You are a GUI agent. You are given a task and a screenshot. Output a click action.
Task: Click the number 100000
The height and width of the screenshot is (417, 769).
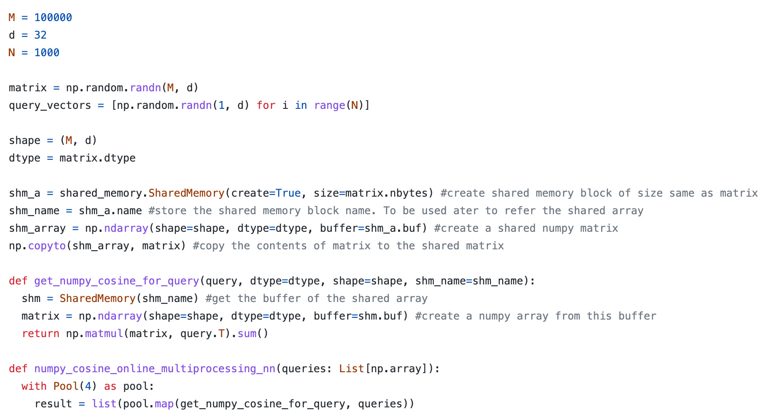53,18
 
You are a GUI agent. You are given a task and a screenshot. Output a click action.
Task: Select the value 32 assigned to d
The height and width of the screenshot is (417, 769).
40,35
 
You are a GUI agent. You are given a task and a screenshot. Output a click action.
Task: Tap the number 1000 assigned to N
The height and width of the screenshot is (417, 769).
47,53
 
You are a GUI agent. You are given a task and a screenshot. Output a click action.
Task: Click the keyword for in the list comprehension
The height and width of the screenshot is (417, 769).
266,105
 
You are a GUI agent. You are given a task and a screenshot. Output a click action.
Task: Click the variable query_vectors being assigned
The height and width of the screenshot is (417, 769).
50,105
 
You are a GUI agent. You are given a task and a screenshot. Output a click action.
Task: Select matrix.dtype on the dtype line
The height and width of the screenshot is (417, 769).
98,158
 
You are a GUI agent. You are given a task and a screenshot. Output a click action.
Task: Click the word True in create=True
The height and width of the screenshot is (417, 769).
288,193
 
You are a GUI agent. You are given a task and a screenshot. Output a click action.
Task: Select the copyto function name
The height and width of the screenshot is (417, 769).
47,246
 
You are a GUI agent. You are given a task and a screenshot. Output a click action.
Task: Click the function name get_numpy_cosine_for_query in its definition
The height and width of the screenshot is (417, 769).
116,281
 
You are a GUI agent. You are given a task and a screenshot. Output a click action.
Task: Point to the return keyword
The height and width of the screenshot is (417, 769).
40,334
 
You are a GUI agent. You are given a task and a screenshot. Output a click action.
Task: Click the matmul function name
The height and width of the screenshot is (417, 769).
104,334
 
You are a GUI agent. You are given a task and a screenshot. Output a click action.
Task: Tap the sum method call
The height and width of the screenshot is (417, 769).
247,334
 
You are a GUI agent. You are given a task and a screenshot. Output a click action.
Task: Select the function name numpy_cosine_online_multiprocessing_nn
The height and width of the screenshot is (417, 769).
155,369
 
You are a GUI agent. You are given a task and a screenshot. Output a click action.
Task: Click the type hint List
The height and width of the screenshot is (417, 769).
352,369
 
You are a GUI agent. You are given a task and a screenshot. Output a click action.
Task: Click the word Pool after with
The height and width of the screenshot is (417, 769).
66,386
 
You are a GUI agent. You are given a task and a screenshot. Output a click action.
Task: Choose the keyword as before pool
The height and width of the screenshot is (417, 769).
110,386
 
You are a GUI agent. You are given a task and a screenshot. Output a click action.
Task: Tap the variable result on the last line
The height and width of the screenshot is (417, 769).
53,404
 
